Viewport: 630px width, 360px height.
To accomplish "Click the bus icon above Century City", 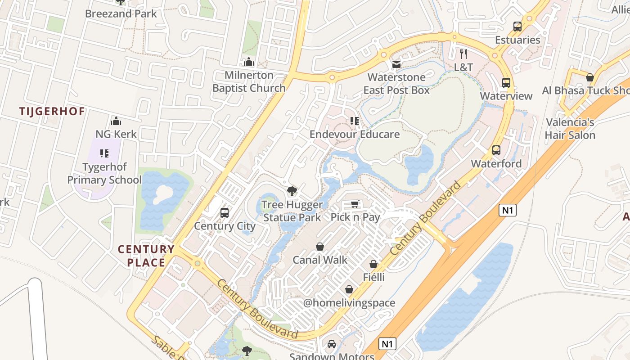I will click(x=225, y=212).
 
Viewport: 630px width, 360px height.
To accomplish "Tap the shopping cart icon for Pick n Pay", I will click(x=355, y=205).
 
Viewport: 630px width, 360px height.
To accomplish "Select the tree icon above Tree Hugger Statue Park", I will click(x=292, y=191).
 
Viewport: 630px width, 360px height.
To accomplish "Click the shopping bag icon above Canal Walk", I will click(x=320, y=247).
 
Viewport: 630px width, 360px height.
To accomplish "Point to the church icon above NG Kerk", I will click(x=116, y=121).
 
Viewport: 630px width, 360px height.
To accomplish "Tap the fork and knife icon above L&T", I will click(x=463, y=54).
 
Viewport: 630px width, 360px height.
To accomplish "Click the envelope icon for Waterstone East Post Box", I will click(x=396, y=64).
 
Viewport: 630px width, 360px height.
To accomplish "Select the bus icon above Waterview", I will click(x=506, y=83).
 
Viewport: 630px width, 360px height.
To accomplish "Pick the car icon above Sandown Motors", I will click(x=332, y=344).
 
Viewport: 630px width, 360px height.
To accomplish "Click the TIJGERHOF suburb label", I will click(x=52, y=111).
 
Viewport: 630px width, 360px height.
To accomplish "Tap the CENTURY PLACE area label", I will click(x=146, y=256).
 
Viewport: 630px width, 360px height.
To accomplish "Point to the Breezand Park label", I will click(x=121, y=13).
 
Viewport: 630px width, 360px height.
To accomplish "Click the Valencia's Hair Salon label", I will click(x=570, y=129).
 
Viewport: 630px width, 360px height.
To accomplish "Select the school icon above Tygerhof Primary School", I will click(x=104, y=153).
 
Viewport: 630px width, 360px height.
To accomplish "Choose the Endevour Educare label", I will click(x=355, y=134).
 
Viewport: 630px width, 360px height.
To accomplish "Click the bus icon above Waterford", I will click(x=496, y=150).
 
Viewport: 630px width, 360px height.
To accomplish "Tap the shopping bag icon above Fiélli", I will click(x=373, y=264).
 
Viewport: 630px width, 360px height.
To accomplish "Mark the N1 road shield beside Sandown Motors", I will click(x=387, y=344).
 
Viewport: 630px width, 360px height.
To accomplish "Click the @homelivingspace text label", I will click(x=349, y=303).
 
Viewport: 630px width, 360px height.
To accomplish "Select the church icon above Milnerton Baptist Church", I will click(x=249, y=62).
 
